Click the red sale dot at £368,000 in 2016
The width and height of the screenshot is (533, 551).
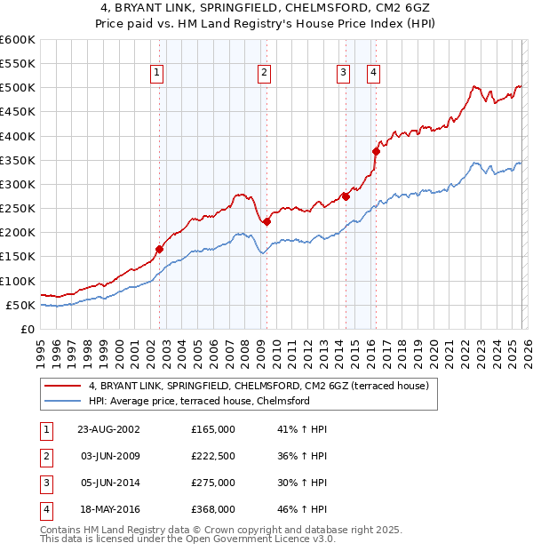(376, 151)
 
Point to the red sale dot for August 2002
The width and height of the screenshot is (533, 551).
(160, 250)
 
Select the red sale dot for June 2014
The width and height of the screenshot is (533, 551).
(346, 196)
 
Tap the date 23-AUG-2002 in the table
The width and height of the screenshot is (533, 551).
(110, 429)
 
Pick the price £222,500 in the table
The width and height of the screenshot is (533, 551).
(213, 456)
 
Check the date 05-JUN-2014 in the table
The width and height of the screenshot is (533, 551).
(110, 483)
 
